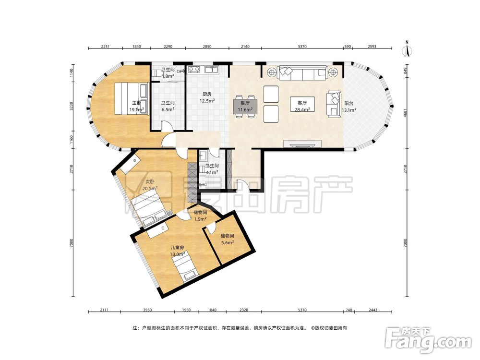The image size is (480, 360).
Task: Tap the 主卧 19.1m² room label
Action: (x=136, y=106)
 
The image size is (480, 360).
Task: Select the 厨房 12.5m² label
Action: (x=207, y=97)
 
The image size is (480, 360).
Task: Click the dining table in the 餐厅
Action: (x=245, y=106)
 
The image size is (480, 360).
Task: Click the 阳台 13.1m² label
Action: (x=348, y=107)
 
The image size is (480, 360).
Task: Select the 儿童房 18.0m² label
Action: (x=178, y=251)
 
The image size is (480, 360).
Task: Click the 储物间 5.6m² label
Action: (x=228, y=239)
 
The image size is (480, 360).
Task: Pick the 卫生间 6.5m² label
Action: (x=168, y=106)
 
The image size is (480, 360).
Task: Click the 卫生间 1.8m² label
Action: (x=168, y=73)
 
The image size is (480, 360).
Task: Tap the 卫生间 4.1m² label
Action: (x=212, y=169)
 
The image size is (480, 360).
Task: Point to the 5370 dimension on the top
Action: (x=302, y=47)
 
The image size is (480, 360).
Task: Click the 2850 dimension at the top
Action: (x=207, y=47)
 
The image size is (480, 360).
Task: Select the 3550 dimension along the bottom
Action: (x=147, y=310)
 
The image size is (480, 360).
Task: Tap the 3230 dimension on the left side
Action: (x=72, y=106)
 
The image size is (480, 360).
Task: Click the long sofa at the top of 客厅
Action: (x=302, y=73)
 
